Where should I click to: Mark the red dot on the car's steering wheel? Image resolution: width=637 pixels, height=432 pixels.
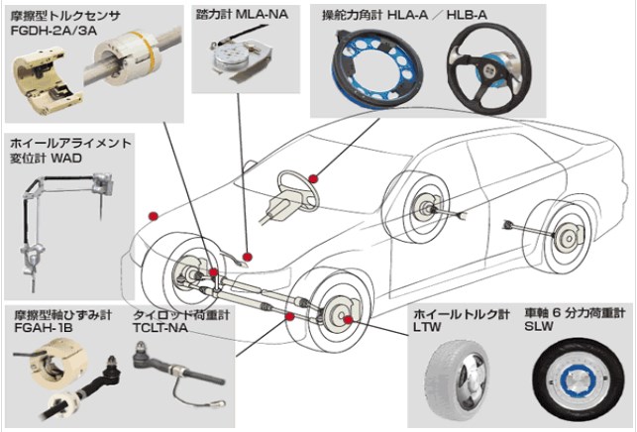click(x=313, y=178)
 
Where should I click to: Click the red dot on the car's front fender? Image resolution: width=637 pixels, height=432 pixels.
click(x=152, y=215)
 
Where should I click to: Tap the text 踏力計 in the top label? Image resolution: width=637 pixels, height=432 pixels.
click(x=211, y=15)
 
